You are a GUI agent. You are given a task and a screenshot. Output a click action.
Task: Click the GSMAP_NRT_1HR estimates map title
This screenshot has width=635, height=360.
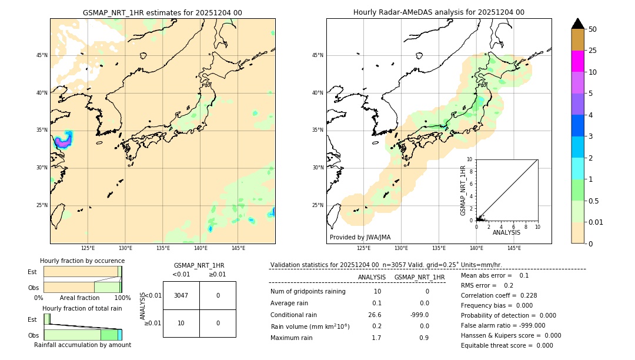click(x=162, y=12)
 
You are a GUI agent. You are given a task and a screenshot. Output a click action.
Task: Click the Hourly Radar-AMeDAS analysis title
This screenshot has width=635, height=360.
click(x=439, y=12)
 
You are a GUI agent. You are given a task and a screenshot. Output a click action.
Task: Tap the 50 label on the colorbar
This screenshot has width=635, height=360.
click(x=593, y=29)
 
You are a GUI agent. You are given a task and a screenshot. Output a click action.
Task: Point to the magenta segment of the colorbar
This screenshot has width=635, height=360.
click(x=578, y=61)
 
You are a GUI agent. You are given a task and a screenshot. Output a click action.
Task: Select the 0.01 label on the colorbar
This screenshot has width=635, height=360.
click(x=596, y=222)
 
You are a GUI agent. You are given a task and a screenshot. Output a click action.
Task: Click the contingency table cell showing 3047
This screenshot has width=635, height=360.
click(x=181, y=295)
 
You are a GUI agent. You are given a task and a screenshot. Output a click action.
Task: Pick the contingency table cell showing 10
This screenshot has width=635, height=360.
click(x=181, y=323)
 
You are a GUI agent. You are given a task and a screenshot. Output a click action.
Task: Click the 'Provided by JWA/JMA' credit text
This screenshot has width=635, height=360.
click(x=360, y=237)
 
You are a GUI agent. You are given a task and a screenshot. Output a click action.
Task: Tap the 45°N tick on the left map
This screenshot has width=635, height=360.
click(x=42, y=55)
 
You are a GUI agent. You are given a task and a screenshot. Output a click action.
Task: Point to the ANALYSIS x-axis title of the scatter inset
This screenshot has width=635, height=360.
click(x=506, y=232)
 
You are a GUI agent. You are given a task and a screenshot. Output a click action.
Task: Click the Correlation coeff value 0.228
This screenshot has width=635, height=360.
click(x=525, y=295)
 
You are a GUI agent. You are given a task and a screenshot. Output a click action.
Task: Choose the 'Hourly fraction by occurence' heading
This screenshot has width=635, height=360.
click(x=82, y=261)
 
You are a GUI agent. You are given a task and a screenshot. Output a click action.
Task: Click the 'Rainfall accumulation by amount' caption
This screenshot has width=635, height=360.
click(x=82, y=345)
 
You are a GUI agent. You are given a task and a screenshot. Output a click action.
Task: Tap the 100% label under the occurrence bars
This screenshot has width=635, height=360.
click(x=122, y=298)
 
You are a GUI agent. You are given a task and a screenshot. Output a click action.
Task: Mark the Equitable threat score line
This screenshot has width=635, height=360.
click(x=507, y=345)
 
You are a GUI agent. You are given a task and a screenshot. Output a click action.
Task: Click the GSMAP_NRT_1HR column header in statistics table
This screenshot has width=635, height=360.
click(x=419, y=277)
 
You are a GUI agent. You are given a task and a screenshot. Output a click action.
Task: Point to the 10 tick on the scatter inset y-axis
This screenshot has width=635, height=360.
click(x=470, y=159)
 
